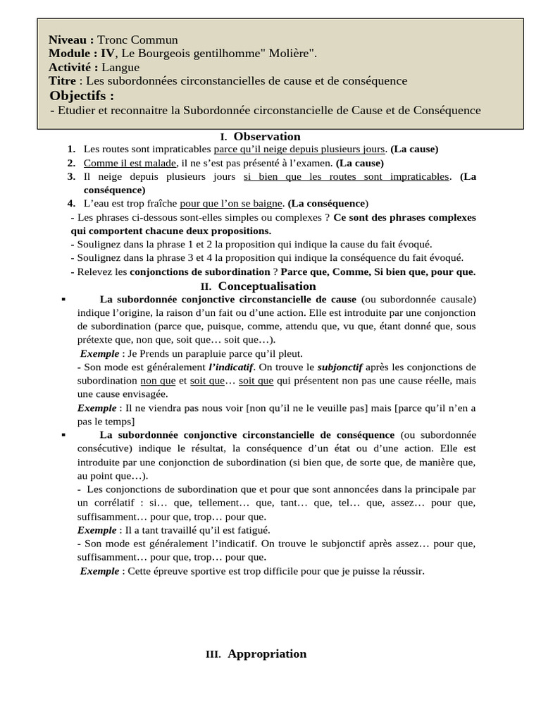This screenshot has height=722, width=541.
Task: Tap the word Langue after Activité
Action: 120,67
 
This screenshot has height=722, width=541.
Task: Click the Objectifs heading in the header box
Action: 82,95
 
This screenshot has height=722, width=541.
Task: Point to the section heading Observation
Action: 267,136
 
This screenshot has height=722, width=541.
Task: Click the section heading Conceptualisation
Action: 267,286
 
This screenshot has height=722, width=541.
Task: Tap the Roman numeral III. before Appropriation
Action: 213,654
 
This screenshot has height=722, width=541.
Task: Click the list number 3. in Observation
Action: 72,176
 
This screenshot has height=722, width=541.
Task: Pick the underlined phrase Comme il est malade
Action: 130,163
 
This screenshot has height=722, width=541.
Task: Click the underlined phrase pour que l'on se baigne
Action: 231,203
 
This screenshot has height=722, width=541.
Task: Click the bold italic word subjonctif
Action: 340,367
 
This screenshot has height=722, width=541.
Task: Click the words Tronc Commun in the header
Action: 137,39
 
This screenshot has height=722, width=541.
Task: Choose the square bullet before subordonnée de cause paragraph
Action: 63,299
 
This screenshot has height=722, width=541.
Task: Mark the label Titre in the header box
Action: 63,81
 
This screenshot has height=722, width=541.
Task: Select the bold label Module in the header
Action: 70,53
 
